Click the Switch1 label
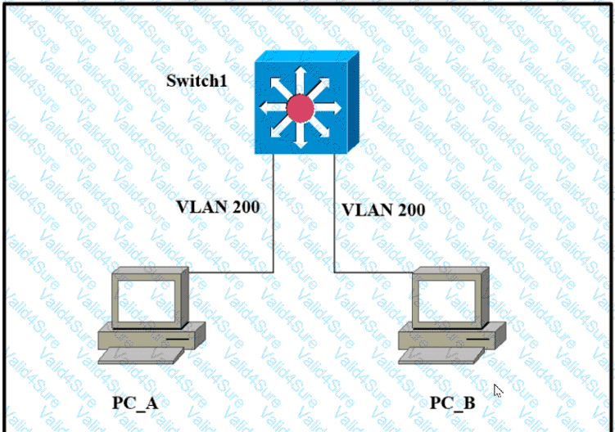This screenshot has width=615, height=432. tap(198, 80)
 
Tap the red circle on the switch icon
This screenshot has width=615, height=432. tap(300, 107)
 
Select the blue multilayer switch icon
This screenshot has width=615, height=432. tap(305, 102)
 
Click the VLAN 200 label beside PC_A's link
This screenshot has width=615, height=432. tap(218, 206)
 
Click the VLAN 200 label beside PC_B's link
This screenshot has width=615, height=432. tap(383, 209)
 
